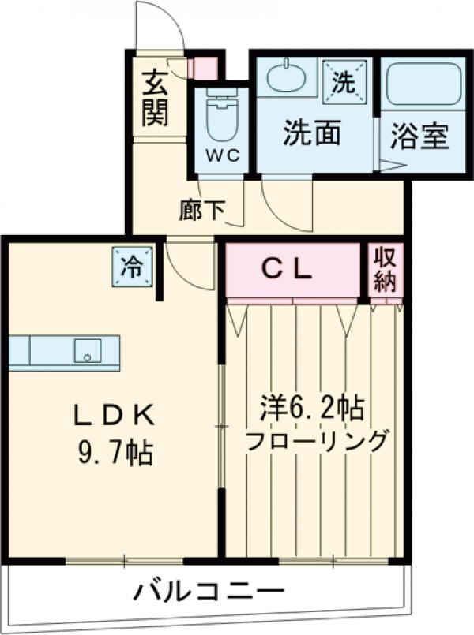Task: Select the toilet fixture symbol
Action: (x=220, y=115)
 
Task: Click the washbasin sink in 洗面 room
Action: (x=286, y=77)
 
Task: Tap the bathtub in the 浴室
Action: (x=423, y=84)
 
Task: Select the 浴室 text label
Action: (x=419, y=136)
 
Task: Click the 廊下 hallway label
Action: (x=202, y=210)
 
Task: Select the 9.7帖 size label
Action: (x=112, y=454)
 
